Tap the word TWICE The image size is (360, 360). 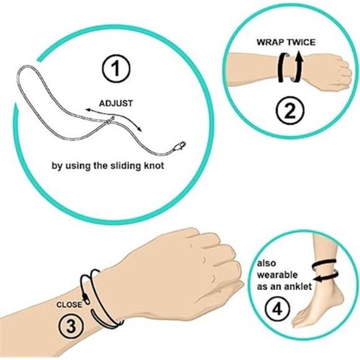301,43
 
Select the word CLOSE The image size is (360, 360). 69,305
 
